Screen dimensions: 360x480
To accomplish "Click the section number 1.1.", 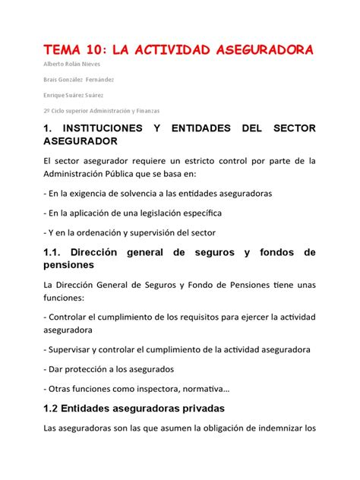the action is [53, 251].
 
